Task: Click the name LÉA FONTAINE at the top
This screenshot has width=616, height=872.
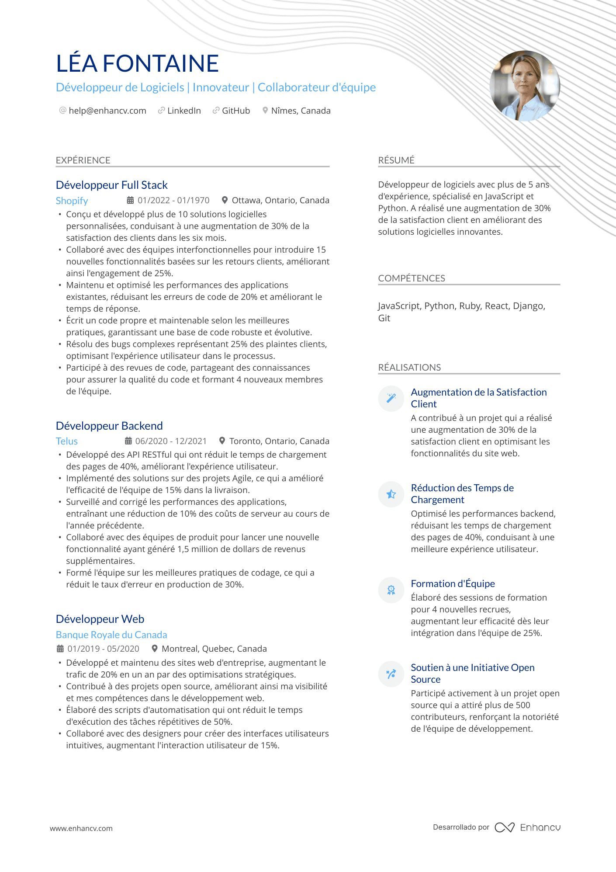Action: [x=137, y=63]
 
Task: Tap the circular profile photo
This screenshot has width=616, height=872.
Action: [x=525, y=86]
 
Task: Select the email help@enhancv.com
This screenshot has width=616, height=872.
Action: [x=107, y=111]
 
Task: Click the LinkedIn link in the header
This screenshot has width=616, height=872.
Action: [x=183, y=111]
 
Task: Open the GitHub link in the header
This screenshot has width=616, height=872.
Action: [x=235, y=111]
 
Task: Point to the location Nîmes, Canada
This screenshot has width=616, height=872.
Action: [x=301, y=111]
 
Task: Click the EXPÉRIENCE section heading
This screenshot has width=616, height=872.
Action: [x=83, y=160]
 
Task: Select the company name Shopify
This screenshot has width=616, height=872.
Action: [x=72, y=201]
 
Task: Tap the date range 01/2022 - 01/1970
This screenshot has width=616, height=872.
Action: [x=173, y=201]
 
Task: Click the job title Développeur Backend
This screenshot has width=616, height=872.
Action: [x=109, y=426]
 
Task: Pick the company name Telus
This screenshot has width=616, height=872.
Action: [x=67, y=441]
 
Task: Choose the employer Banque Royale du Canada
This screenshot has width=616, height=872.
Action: [x=111, y=635]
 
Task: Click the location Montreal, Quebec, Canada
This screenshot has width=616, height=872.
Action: [x=214, y=649]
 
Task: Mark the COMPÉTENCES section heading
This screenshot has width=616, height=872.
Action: [x=412, y=278]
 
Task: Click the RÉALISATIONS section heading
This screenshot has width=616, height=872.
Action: [x=409, y=368]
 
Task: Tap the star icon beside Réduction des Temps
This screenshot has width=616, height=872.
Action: [x=391, y=494]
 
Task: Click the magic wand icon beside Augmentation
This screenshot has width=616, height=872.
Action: [x=391, y=398]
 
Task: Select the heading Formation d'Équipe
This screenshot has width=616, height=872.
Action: [x=453, y=584]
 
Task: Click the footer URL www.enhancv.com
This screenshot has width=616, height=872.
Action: [x=81, y=828]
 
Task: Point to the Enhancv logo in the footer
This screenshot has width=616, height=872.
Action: [x=527, y=827]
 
